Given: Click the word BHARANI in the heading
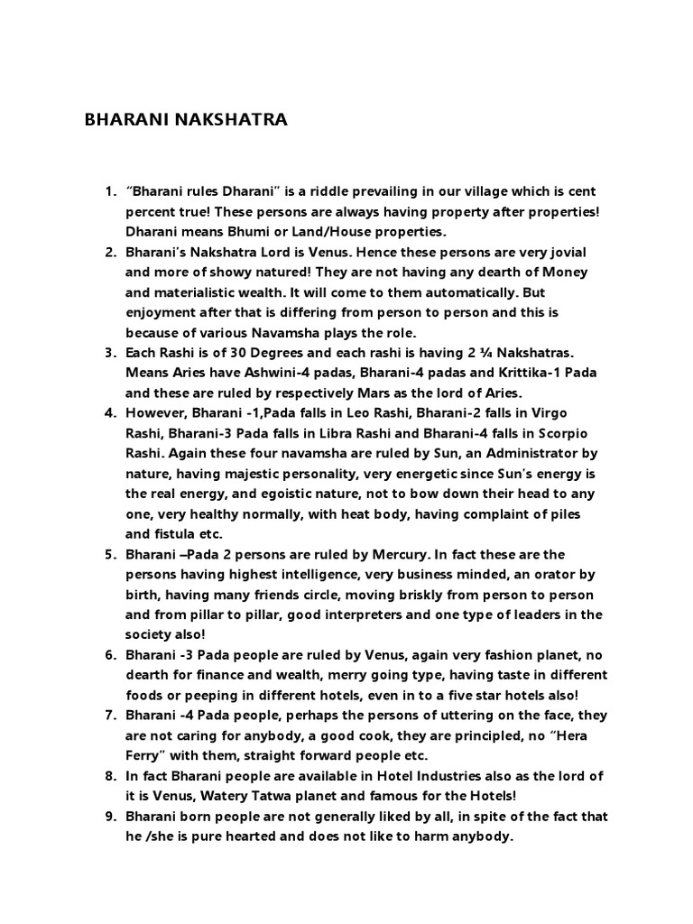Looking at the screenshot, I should (123, 119).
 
